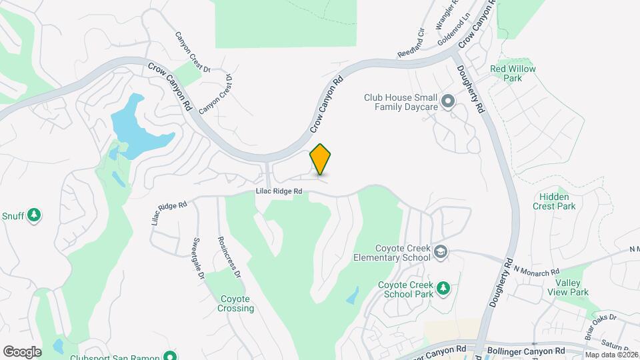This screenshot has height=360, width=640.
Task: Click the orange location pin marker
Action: point(321,159)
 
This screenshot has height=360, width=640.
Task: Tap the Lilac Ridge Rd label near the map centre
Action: point(279,191)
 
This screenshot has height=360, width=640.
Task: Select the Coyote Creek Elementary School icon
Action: point(440,252)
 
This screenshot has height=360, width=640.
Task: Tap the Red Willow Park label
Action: point(513,73)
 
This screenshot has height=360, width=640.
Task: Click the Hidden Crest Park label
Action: point(554,201)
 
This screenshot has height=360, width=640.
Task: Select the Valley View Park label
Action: point(567,287)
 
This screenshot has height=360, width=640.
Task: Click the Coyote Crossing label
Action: point(237,303)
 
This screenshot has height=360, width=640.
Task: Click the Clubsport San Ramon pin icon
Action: point(171,355)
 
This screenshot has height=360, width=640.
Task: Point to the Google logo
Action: point(22,351)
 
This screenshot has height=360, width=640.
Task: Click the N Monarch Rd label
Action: point(537,271)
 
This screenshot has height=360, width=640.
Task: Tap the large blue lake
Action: point(137,127)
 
